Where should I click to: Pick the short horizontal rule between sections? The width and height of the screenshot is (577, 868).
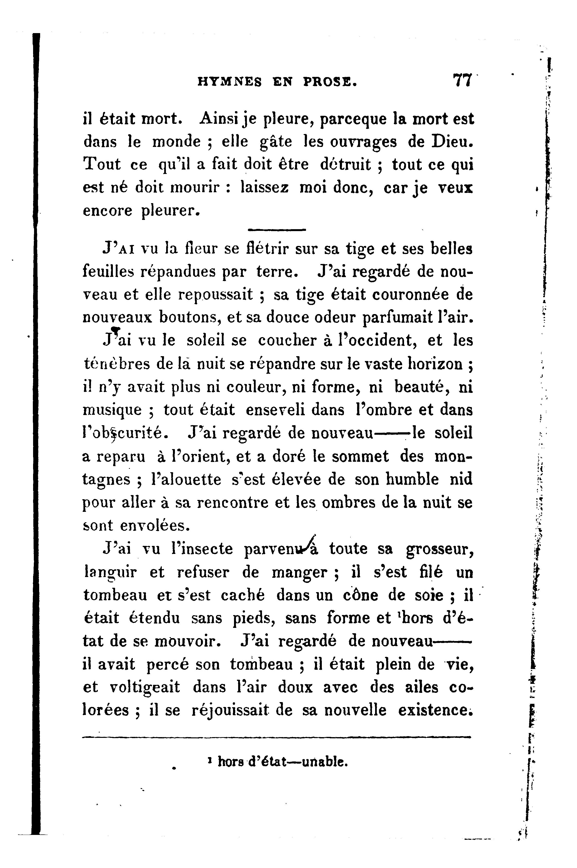point(277,230)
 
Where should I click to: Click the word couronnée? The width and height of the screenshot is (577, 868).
point(412,295)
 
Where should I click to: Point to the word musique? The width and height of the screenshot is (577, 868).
point(112,410)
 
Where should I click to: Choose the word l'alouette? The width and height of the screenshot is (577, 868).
point(186,479)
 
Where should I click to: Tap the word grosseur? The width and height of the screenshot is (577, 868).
point(439,549)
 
